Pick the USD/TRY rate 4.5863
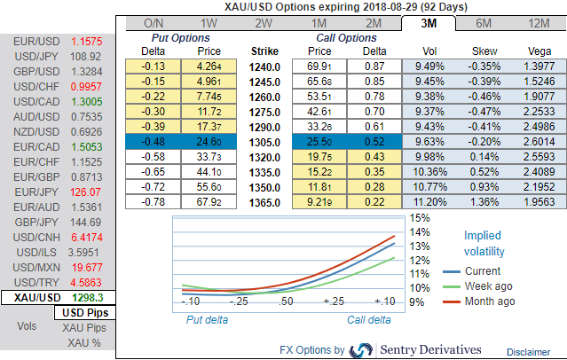tap(87, 282)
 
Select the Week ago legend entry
tap(490, 287)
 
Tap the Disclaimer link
tap(529, 352)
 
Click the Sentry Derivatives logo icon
tap(361, 349)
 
